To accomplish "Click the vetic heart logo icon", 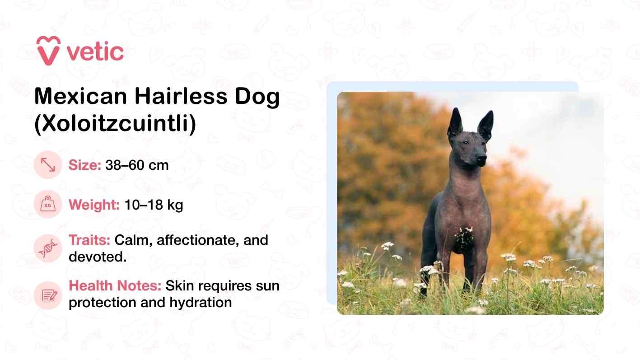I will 48,51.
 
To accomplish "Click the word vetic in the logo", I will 95,52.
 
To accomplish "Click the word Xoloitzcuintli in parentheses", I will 115,125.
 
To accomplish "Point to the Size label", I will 84,165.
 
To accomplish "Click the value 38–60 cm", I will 137,165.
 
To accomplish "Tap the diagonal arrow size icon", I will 48,165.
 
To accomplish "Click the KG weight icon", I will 48,205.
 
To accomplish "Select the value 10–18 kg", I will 153,205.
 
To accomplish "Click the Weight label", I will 93,205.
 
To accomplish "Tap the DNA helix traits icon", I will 48,248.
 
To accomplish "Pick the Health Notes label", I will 115,286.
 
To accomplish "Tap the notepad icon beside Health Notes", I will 48,295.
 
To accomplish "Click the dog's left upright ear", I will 455,124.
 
